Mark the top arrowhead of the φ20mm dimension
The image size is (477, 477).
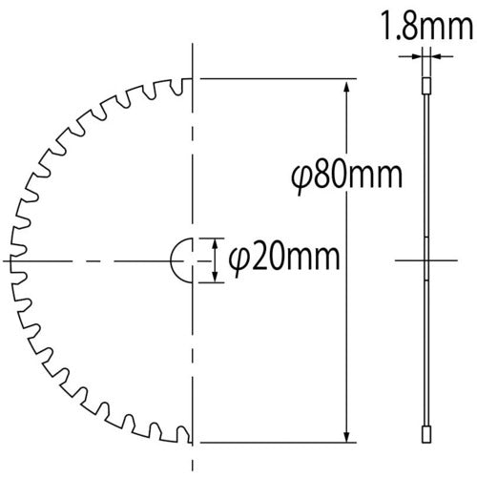click(x=214, y=243)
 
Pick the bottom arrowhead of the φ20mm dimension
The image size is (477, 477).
click(x=214, y=277)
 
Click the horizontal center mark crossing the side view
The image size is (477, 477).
click(x=422, y=259)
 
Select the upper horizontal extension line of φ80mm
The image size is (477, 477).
click(x=277, y=78)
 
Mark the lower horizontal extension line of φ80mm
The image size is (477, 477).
click(x=277, y=442)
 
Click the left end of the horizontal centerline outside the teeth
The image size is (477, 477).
click(x=8, y=259)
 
